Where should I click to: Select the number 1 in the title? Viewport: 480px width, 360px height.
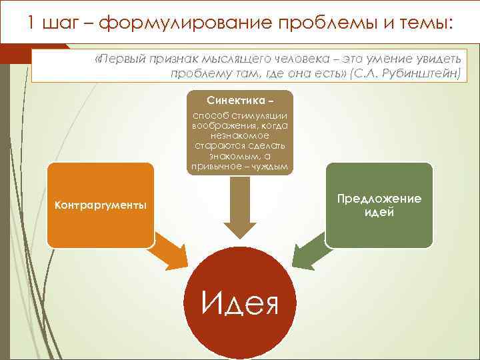32,24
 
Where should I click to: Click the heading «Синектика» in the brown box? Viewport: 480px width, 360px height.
236,100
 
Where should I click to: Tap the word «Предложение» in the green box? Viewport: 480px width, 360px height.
379,199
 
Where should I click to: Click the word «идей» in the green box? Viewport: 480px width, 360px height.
379,213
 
